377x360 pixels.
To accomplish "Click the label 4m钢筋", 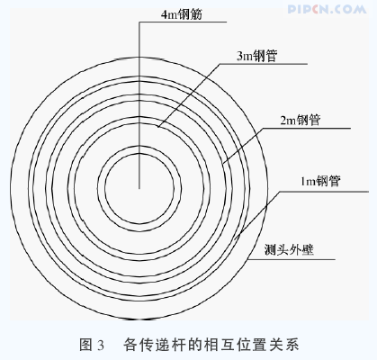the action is coord(182,14).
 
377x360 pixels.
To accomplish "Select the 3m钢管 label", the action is coord(257,56).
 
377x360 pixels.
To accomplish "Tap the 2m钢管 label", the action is coord(301,121).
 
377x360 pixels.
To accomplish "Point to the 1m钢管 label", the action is coord(320,181).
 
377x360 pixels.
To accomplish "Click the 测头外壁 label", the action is coord(289,249).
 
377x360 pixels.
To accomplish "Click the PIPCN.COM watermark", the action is coord(327,9).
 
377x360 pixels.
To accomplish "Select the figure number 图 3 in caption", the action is coord(92,345).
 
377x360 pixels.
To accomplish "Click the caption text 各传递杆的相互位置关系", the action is coord(211,344).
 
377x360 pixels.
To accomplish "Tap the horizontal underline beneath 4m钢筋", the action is coord(183,22).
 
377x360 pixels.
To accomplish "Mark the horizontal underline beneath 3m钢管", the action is coord(263,64).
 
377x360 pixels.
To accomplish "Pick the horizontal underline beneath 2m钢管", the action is coord(307,129).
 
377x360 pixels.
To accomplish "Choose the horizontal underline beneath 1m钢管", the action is coord(324,192).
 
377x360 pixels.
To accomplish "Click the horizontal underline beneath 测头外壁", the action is coord(292,259).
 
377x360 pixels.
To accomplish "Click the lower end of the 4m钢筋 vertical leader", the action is coord(139,188).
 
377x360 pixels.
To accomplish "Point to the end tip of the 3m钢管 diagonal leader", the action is coord(158,126).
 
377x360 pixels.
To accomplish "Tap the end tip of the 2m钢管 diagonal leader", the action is coord(223,163).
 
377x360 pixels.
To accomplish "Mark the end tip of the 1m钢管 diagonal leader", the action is coord(235,239).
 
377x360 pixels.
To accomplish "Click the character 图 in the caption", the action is coord(85,345).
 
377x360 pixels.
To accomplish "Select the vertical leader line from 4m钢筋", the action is coord(139,105).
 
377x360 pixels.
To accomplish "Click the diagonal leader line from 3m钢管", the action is coord(189,95).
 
